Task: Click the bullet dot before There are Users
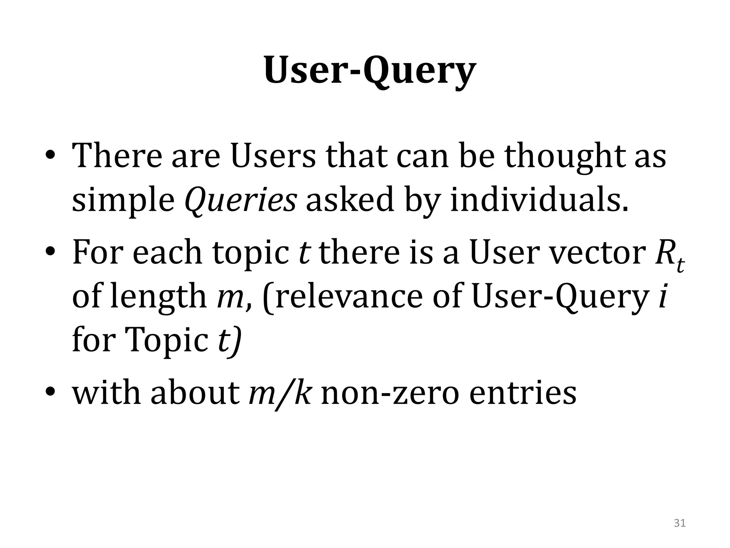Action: coord(50,157)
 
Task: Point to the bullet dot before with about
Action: coord(50,394)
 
